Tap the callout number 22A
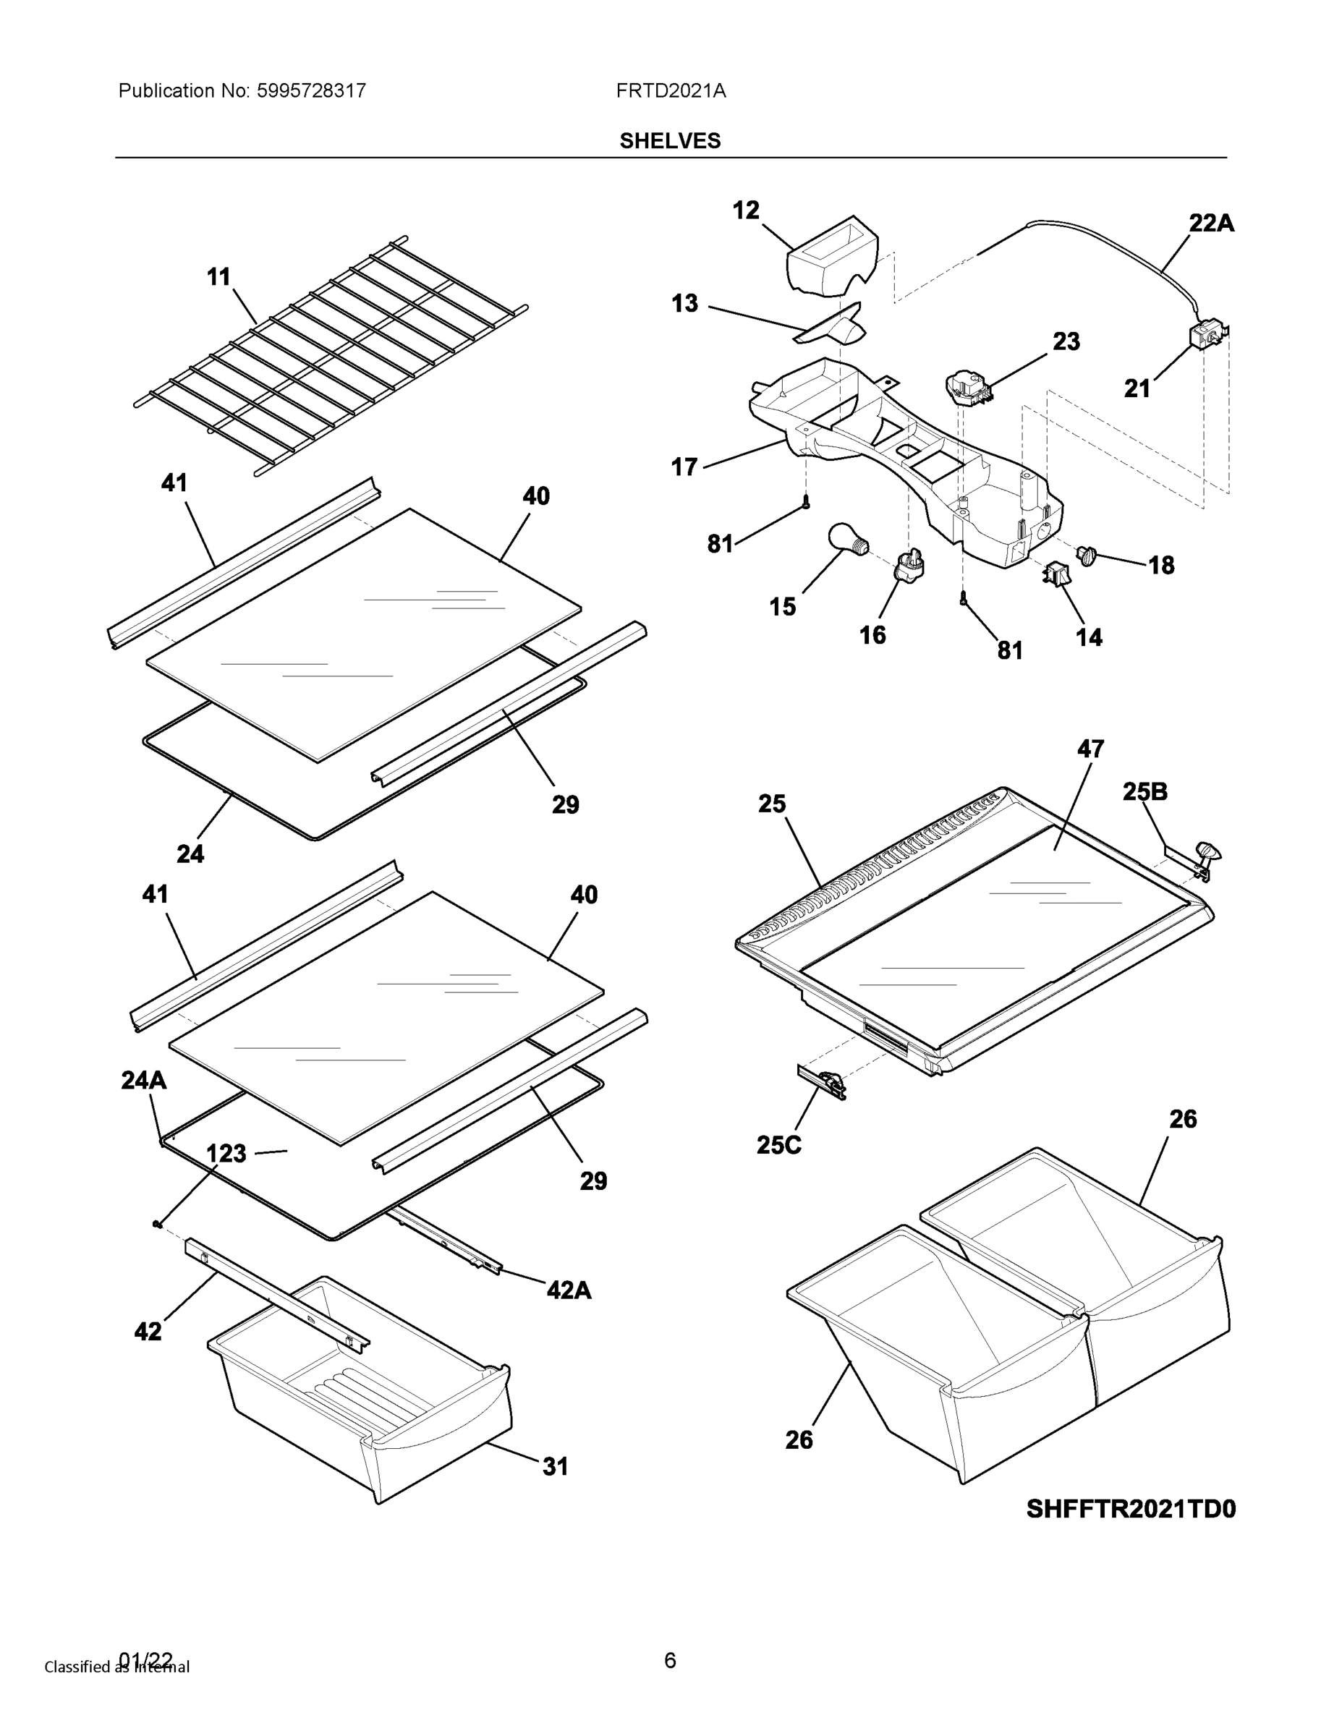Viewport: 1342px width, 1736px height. pyautogui.click(x=1211, y=224)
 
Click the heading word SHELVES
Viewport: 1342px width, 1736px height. pyautogui.click(x=669, y=141)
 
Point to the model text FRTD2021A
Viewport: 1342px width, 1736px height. pyautogui.click(x=670, y=90)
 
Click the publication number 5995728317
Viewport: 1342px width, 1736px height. pyautogui.click(x=311, y=90)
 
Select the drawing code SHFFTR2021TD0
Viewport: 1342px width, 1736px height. pyautogui.click(x=1131, y=1509)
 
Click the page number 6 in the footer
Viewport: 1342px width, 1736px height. pyautogui.click(x=669, y=1660)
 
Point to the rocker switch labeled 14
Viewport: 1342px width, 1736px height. pyautogui.click(x=1056, y=574)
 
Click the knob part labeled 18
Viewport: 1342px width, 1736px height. pyautogui.click(x=1086, y=554)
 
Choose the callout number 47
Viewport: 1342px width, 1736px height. pyautogui.click(x=1090, y=749)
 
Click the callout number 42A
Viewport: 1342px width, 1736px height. pyautogui.click(x=569, y=1289)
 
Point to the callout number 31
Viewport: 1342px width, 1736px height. pyautogui.click(x=555, y=1466)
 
